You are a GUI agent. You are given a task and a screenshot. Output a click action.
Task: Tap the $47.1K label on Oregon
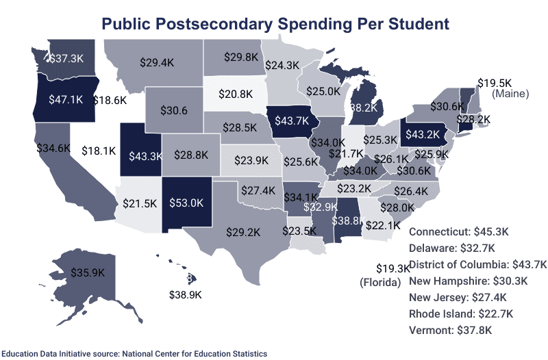[x=66, y=99]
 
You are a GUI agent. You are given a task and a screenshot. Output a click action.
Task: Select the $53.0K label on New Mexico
[x=188, y=203]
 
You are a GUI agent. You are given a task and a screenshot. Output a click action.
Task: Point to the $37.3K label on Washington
[x=67, y=59]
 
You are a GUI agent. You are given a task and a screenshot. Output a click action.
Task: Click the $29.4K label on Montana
[x=156, y=62]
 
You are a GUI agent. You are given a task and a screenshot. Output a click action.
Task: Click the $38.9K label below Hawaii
[x=186, y=294]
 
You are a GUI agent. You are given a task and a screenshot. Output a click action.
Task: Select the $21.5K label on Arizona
[x=140, y=203]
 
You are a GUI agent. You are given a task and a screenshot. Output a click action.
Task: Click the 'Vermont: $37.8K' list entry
[x=450, y=330]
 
